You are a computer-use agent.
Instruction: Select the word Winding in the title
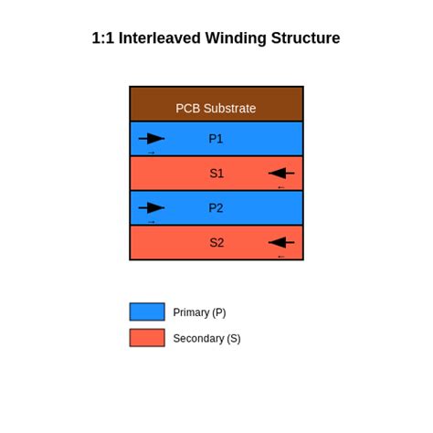pos(234,38)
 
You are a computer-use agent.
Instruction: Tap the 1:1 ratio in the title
pos(102,38)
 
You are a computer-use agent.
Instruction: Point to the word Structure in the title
pos(305,38)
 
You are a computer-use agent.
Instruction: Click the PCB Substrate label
pos(216,108)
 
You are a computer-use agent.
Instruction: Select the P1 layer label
pos(216,139)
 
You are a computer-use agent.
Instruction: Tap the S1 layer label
pos(216,174)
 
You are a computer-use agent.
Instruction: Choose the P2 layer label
pos(216,208)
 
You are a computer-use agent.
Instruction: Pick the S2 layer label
pos(216,243)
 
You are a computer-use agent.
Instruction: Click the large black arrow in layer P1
pos(152,139)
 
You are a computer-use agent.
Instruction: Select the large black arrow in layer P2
pos(152,208)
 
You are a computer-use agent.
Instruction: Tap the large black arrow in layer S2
pos(281,243)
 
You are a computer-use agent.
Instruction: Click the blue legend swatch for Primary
pos(147,312)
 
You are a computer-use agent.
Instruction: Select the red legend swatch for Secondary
pos(147,338)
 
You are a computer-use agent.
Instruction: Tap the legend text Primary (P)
pos(199,312)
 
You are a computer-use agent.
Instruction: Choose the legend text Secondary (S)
pos(206,339)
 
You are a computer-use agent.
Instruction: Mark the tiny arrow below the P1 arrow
pos(152,153)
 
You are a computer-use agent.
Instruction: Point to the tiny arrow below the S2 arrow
pos(281,257)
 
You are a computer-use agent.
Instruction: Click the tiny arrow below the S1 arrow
pos(281,187)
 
